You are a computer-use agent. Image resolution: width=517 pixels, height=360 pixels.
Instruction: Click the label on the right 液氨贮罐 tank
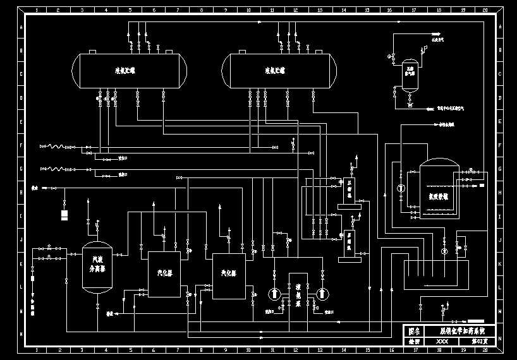(276, 71)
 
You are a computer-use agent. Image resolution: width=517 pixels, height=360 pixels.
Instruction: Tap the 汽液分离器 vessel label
(97, 263)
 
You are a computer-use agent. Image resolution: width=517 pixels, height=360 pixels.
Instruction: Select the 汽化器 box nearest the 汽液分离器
(164, 273)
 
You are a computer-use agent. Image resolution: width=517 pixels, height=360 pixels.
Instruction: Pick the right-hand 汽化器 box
(228, 273)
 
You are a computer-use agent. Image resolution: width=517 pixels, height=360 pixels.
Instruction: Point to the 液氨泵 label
(298, 294)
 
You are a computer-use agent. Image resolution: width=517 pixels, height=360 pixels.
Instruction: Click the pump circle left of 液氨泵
(274, 294)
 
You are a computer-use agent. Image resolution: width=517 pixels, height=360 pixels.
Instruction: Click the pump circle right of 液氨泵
(322, 294)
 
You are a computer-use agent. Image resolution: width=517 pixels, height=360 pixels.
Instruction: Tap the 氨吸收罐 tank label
(438, 196)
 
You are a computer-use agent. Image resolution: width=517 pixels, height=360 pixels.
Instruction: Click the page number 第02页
(482, 341)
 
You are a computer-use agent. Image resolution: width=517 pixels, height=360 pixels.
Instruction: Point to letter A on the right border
(501, 27)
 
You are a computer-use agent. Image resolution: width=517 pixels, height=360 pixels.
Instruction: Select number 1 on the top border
(37, 11)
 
